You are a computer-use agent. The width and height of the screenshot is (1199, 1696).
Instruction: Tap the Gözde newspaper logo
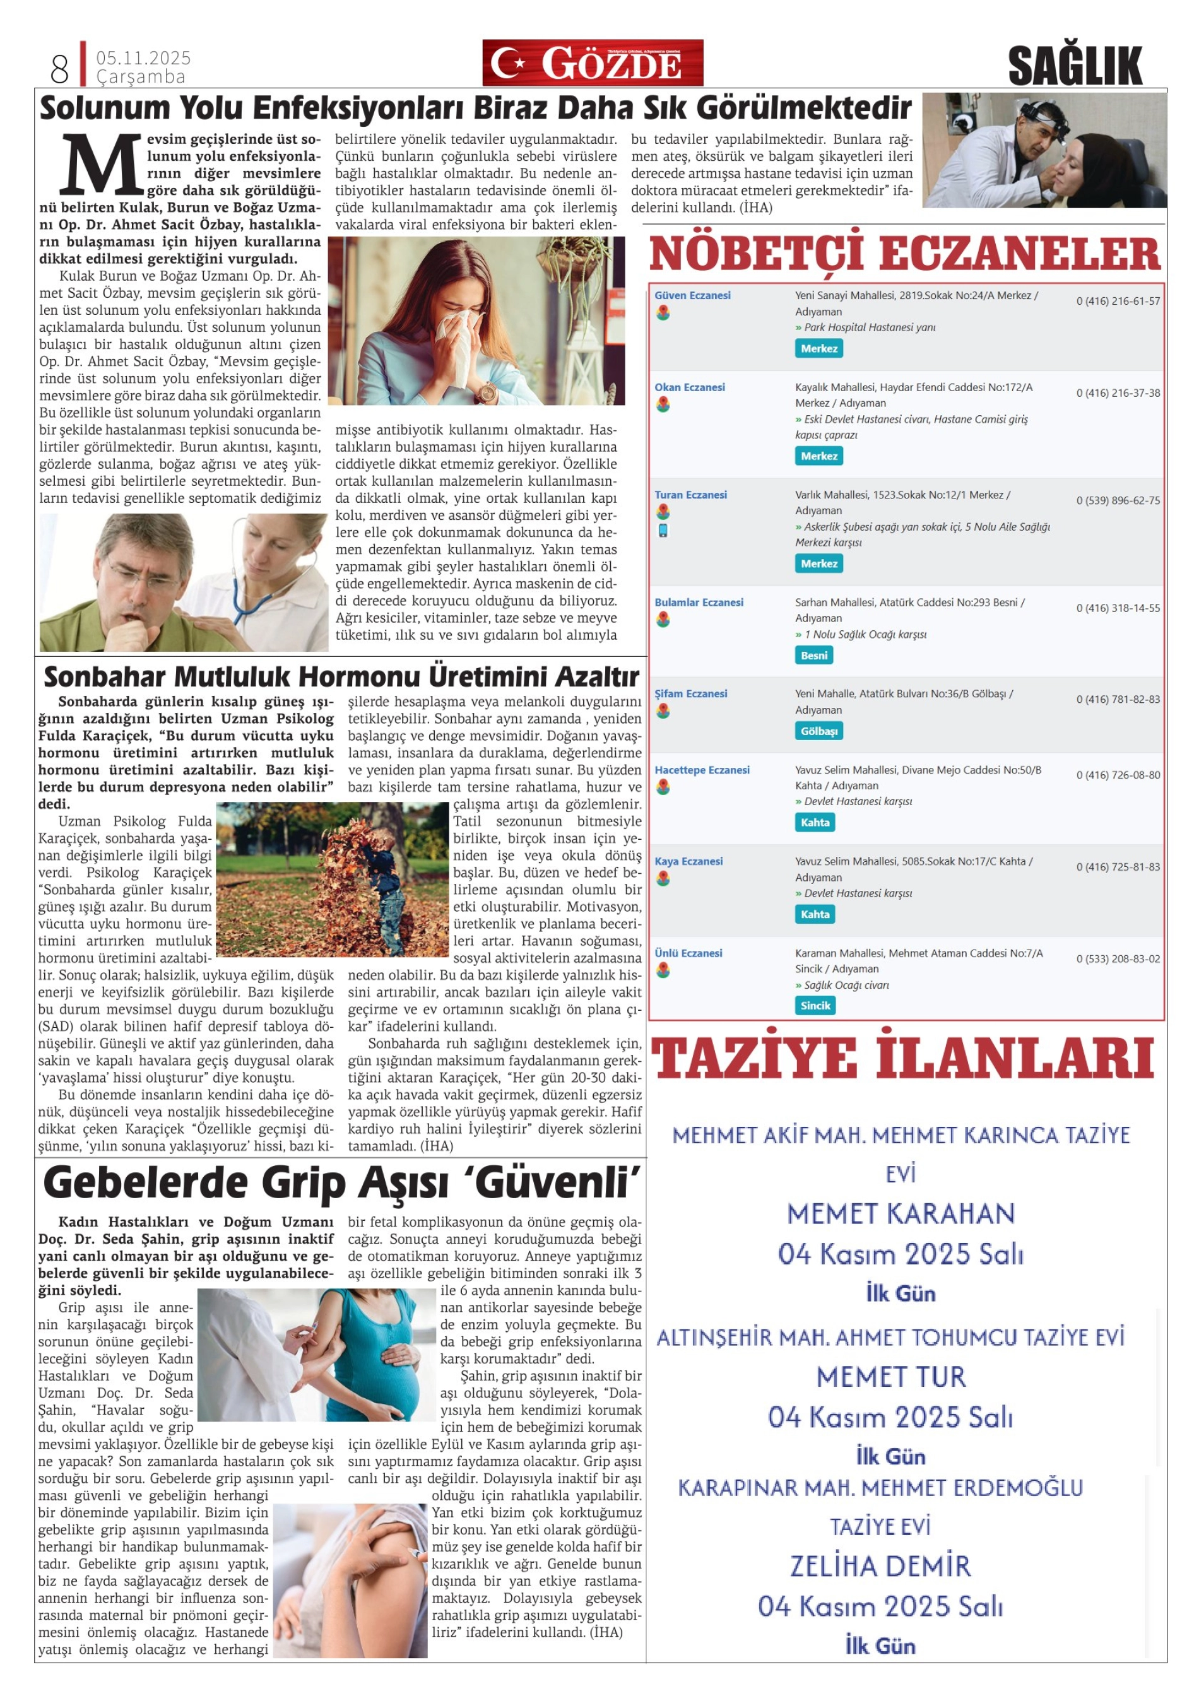click(593, 64)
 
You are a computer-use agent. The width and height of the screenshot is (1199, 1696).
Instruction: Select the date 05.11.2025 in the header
click(143, 58)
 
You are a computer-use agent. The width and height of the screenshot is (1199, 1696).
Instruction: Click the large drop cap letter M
click(101, 165)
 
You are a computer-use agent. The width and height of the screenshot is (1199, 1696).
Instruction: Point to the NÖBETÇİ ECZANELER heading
click(905, 254)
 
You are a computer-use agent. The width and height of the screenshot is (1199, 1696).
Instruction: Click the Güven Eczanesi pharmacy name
click(692, 295)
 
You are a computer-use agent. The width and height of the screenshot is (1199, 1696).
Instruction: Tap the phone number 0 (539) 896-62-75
click(1118, 501)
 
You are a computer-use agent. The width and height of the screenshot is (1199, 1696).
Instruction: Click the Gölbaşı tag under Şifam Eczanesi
click(818, 731)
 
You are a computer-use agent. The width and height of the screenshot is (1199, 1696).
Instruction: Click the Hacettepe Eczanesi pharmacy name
click(702, 770)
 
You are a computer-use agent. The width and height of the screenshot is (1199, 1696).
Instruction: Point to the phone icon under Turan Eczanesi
click(663, 531)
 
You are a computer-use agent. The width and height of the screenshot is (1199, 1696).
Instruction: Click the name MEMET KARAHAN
click(901, 1215)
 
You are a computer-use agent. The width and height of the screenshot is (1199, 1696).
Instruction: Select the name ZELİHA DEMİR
click(880, 1566)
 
